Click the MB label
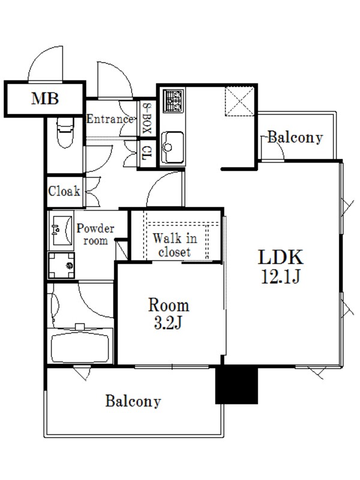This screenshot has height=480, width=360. pos(45,98)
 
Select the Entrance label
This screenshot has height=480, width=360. pos(110,119)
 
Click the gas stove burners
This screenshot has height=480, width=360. pos(173,101)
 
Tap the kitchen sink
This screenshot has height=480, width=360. pos(173,147)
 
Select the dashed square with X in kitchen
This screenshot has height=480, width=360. pos(239,101)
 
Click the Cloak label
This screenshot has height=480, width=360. pos(64,191)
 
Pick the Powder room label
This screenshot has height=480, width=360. pos(95,235)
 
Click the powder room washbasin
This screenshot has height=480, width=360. pos(61,230)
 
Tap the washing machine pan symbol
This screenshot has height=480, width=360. pos(61,265)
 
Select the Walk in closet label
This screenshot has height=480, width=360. pos(175,245)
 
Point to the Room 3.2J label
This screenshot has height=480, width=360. pos(169,313)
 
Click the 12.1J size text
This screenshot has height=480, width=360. pos(280,276)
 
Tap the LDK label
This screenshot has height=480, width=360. pos(281,257)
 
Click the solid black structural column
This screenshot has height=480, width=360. pos(236,385)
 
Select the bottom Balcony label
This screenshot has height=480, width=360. pos(133,401)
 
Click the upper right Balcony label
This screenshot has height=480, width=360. pos(295,137)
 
